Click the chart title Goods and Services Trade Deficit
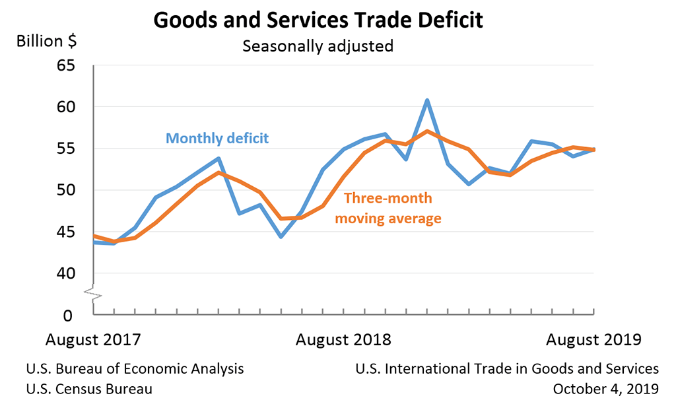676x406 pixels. (x=318, y=20)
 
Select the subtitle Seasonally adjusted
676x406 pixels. (x=318, y=46)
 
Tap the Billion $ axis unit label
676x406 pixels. (x=46, y=41)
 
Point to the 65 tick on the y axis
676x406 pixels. (x=66, y=65)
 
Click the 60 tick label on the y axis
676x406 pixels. (x=66, y=107)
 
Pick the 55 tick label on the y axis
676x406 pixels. (x=66, y=149)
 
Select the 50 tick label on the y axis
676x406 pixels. (x=66, y=190)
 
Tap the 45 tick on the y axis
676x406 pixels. (x=66, y=232)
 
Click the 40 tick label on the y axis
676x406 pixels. (x=66, y=273)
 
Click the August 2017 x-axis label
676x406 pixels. (x=93, y=340)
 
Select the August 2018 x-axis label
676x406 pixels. (x=343, y=340)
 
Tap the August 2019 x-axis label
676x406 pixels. (x=593, y=340)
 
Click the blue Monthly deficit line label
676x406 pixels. (x=217, y=139)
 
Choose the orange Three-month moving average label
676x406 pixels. (x=388, y=209)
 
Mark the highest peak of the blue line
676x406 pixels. (x=427, y=100)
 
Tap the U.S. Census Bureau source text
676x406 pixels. (x=89, y=389)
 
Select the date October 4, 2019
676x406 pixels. (x=607, y=389)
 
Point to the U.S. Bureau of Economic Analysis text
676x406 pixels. (x=135, y=369)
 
